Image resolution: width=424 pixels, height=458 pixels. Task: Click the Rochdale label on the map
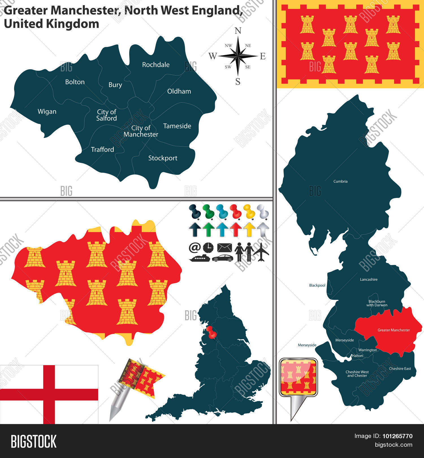point(156,65)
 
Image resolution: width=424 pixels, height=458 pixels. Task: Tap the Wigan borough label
point(47,112)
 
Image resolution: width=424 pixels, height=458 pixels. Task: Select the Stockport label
point(163,158)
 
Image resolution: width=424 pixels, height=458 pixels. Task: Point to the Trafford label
point(102,149)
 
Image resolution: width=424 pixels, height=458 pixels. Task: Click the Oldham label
point(179,91)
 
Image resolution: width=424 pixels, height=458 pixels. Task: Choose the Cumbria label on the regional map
point(340,182)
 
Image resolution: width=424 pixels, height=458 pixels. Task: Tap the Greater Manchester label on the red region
point(393,330)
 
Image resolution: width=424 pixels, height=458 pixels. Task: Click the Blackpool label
point(317,286)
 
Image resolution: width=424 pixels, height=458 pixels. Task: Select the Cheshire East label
point(400,369)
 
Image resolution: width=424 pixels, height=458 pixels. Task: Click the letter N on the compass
point(238,31)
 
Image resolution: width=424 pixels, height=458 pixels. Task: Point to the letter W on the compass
point(213,56)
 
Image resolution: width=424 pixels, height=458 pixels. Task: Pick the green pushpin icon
point(208,211)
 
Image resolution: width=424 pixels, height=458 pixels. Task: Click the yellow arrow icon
point(249,229)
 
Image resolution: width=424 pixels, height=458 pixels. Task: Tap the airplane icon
point(261,252)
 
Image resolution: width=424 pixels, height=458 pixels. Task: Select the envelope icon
point(224,248)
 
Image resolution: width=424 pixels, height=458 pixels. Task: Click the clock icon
point(208,248)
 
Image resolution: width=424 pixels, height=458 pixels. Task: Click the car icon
point(223,258)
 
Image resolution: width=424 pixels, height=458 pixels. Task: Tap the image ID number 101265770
point(397,436)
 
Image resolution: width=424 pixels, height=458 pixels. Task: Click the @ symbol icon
point(194,248)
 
